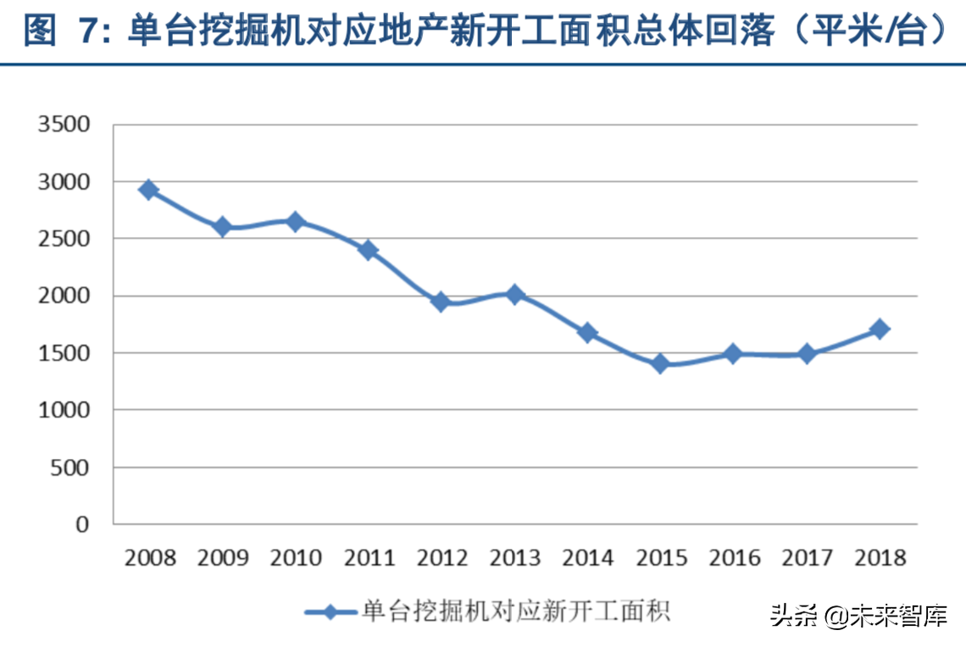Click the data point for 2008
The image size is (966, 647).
tap(148, 190)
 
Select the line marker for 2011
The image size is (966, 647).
tap(368, 250)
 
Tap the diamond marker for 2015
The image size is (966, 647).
tap(661, 364)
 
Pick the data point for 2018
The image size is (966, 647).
tap(880, 329)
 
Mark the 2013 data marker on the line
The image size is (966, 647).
tap(514, 295)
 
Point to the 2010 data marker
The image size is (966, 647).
tap(295, 222)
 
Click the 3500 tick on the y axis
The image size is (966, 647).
tap(64, 125)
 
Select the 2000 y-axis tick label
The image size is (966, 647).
tap(64, 296)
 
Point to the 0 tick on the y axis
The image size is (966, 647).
tap(83, 524)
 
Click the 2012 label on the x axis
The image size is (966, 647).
tap(443, 558)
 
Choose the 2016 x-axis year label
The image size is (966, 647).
tap(736, 558)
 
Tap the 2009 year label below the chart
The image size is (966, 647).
tap(224, 558)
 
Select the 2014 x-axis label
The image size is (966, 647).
tap(589, 558)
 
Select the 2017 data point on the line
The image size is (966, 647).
tap(808, 354)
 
